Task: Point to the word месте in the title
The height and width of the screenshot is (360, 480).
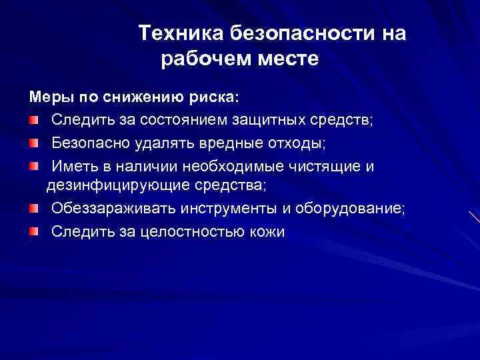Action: coord(289,59)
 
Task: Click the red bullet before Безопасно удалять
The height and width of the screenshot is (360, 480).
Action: coord(33,143)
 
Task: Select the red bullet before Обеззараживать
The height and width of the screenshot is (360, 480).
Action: coord(33,209)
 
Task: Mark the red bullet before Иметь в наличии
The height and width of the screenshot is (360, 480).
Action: coord(33,165)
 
